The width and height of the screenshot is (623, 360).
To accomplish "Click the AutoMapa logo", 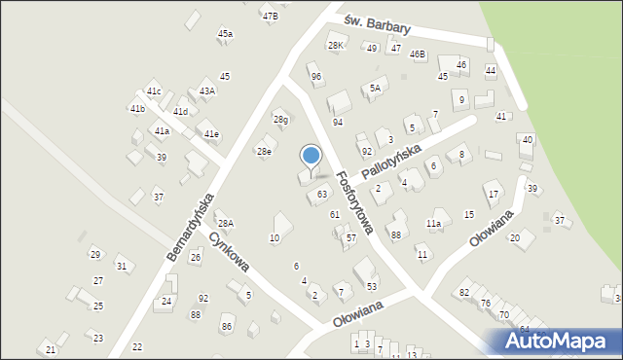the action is coord(561,342).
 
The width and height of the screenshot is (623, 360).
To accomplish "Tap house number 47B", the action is coord(270,16).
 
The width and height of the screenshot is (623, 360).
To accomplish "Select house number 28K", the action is coord(337,46).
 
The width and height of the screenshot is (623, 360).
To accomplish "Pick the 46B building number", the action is coord(418,54).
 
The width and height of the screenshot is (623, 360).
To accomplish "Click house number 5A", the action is coord(375,89).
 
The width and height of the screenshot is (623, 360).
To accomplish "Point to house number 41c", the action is coord(153,91).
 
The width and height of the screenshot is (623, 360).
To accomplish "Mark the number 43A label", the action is coord(207,91).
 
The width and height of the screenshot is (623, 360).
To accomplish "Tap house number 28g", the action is coord(280,120).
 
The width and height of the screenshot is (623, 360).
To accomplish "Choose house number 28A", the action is coord(225,224).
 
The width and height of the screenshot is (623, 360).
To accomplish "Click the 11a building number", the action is coord(433,224).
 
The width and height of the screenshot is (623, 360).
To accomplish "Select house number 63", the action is coord(322,195).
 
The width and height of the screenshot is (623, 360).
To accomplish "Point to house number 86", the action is coord(227,326).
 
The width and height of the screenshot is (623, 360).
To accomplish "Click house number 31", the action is coord(121,266).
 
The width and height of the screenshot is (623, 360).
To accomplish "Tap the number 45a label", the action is coord(225,34).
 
